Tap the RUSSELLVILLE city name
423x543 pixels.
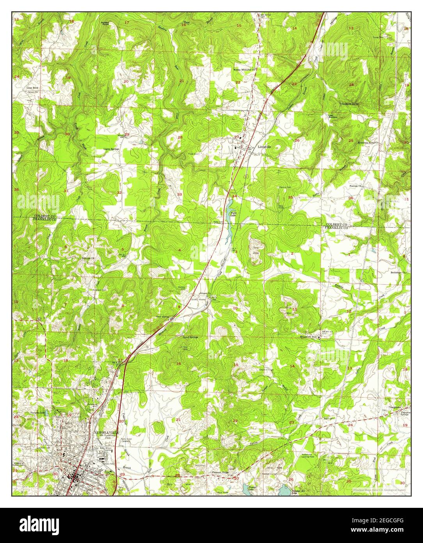[x=104, y=433]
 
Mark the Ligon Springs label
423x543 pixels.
[x=111, y=149]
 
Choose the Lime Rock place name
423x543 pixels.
[x=32, y=88]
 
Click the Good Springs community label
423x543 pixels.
[x=190, y=337]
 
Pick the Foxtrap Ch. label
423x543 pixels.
[x=355, y=186]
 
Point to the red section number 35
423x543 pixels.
[x=290, y=197]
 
